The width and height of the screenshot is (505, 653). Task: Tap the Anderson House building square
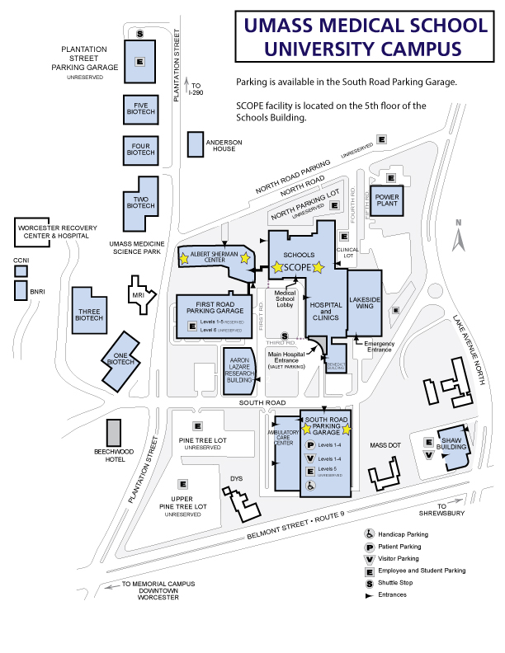point(196,144)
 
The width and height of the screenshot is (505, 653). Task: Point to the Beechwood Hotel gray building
point(114,433)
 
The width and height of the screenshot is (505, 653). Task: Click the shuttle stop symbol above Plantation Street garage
point(140,34)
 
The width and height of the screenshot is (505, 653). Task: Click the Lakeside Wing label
point(362,303)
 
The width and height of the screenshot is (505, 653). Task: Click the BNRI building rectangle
point(18,290)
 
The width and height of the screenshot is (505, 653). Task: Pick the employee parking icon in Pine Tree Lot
point(197,426)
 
